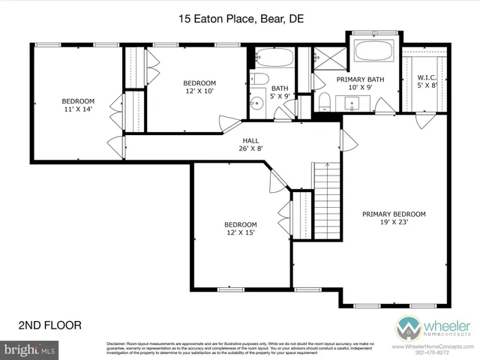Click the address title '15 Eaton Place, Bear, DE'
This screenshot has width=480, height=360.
pos(240,19)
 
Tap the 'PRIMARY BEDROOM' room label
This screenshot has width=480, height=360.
pos(394,214)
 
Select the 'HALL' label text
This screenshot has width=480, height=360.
pos(250,140)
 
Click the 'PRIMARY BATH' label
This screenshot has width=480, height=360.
pos(361,79)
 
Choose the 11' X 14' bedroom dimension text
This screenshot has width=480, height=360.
pos(78,109)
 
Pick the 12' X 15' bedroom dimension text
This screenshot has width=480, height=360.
pos(241,232)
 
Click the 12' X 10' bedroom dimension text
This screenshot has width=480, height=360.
pos(200,91)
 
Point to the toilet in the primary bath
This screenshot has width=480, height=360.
pos(323,101)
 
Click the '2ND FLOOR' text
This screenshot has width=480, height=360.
pos(49,325)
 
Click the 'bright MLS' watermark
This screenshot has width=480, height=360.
pos(30,349)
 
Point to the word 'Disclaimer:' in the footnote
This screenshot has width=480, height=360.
pos(115,342)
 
